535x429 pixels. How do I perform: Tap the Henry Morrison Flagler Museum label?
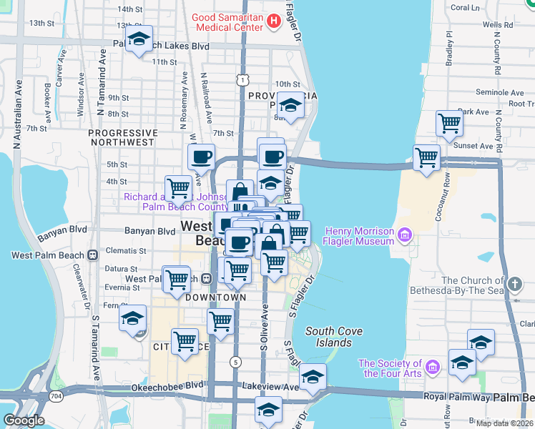pos(360,236)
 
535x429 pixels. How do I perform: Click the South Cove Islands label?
pos(334,337)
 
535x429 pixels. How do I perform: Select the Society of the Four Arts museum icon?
pos(432,368)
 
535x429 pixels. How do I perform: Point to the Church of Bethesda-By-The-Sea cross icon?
pos(514,285)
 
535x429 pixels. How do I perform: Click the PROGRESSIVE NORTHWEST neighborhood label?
pos(122,137)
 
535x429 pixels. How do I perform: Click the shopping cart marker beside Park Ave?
pos(449,124)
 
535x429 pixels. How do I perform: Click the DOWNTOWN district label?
pos(215,297)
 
